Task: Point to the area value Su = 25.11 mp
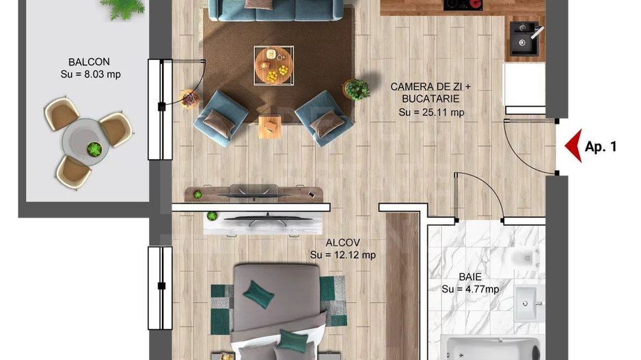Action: coord(431,113)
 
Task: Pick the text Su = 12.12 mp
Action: coord(342,255)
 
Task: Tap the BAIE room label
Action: coord(469,277)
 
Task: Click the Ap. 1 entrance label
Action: coord(601,146)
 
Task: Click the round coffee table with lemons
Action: coord(273,66)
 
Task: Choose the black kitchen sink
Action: coord(527,40)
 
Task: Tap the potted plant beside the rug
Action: coord(357,89)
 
